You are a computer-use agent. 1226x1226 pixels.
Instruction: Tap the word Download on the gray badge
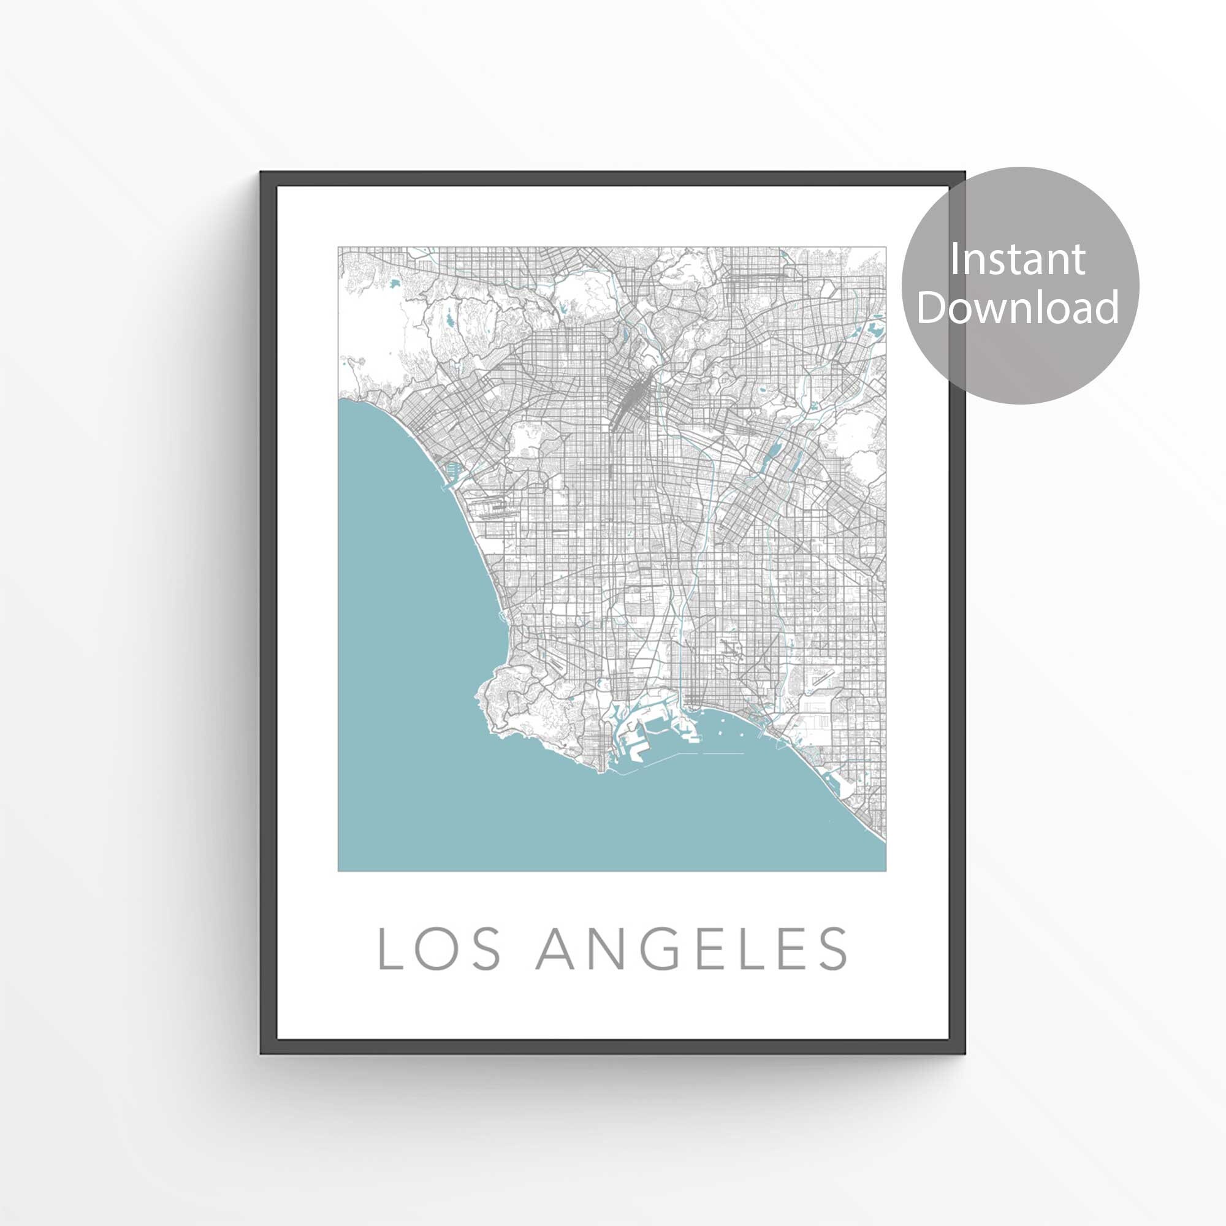[x=1016, y=307]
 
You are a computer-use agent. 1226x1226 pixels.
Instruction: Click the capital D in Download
[x=931, y=307]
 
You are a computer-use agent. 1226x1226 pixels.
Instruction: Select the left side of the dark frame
[x=268, y=609]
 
